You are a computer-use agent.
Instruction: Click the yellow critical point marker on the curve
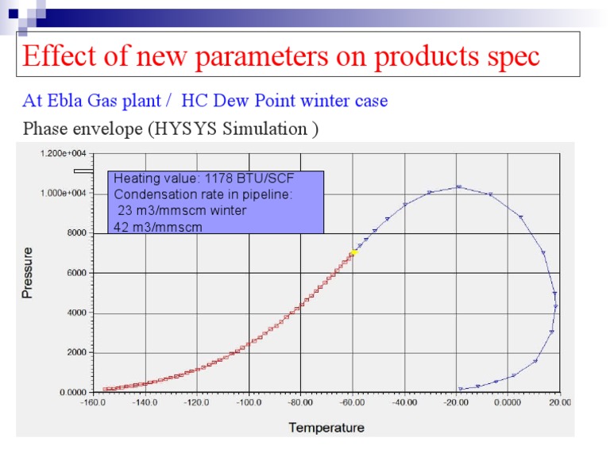(353, 253)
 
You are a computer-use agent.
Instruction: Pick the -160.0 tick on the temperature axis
(94, 403)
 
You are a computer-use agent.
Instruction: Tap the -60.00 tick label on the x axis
(353, 403)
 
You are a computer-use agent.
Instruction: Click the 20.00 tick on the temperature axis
(558, 403)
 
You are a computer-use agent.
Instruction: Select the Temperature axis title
(326, 428)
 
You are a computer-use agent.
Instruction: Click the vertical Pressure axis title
(27, 272)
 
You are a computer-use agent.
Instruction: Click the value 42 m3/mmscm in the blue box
(158, 227)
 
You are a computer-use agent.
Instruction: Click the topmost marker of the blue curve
(459, 187)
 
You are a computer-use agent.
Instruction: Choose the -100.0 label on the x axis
(249, 403)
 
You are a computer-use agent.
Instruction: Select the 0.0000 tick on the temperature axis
(507, 403)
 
